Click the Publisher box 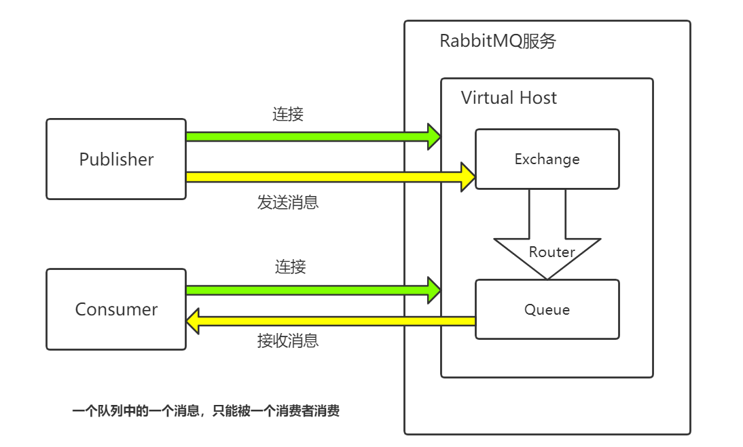(116, 159)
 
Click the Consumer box (116, 309)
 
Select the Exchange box (547, 159)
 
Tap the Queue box (547, 309)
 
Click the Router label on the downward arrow (551, 252)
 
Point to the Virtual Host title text (509, 98)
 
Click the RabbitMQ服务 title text (498, 41)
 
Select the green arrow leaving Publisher (306, 136)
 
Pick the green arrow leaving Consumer (306, 290)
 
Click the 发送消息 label (287, 202)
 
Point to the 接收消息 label (287, 341)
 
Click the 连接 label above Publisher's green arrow (288, 114)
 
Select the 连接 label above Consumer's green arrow (290, 267)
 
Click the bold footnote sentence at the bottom (206, 411)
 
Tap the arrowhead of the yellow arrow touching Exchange (468, 177)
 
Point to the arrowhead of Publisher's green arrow (433, 136)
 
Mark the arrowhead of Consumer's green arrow (433, 290)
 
